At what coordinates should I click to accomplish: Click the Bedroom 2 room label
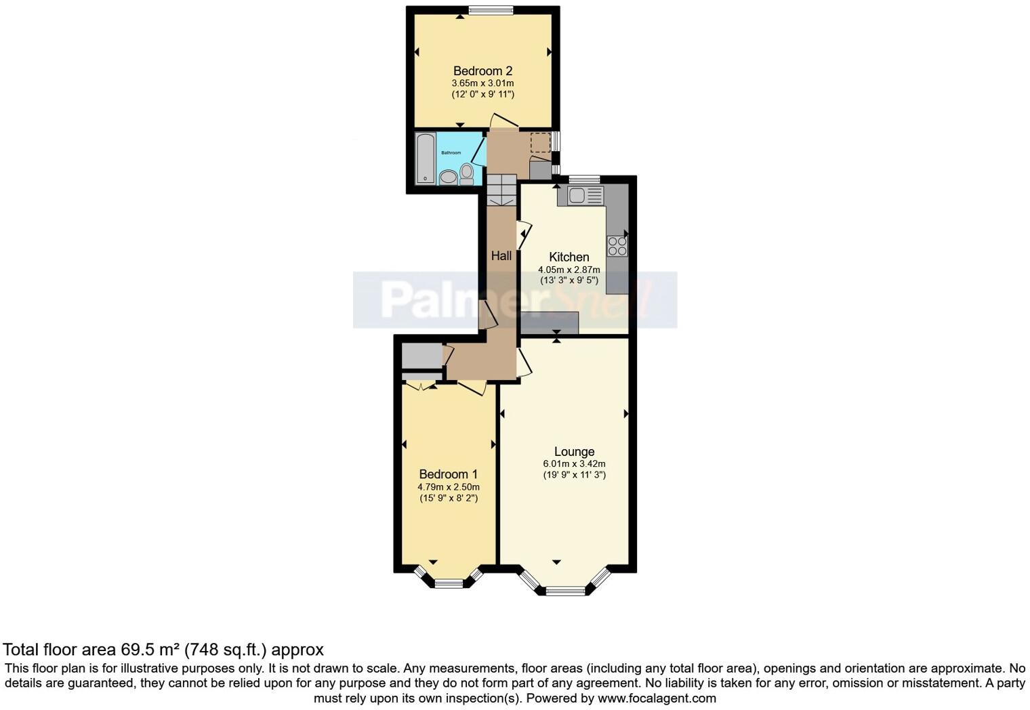(482, 71)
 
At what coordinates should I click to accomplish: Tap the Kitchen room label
(569, 257)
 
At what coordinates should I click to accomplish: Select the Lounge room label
(574, 451)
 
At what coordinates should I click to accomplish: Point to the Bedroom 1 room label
(448, 474)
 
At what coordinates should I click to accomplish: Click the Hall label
(501, 255)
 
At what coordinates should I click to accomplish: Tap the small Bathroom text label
(451, 153)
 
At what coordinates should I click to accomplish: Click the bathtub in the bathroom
(426, 159)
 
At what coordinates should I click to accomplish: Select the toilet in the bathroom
(466, 173)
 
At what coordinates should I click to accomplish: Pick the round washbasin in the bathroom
(449, 177)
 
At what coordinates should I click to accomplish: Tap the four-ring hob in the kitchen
(617, 245)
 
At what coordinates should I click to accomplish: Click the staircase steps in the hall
(501, 190)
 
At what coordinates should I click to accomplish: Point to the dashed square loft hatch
(540, 143)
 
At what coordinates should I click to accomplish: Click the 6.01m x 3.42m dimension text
(574, 464)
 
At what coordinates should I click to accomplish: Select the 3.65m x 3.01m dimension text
(482, 83)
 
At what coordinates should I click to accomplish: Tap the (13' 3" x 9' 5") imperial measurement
(569, 280)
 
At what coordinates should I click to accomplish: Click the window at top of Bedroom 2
(491, 9)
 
